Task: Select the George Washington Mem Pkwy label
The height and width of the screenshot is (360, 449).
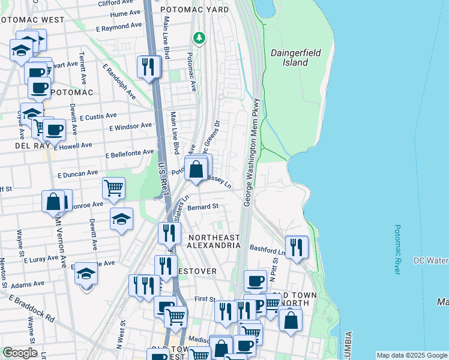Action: [x=252, y=152]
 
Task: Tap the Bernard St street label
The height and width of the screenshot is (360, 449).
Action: [x=202, y=207]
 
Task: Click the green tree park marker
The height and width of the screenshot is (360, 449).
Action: [x=199, y=38]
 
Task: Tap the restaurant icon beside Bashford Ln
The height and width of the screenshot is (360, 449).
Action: [x=296, y=247]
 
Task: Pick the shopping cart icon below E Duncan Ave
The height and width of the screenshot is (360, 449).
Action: [x=113, y=188]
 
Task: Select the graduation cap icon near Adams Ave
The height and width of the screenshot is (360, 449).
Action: [x=86, y=274]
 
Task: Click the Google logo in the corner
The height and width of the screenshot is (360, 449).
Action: [x=20, y=353]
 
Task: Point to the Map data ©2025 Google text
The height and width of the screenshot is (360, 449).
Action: [x=411, y=355]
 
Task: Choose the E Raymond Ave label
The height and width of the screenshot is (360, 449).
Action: [x=121, y=28]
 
